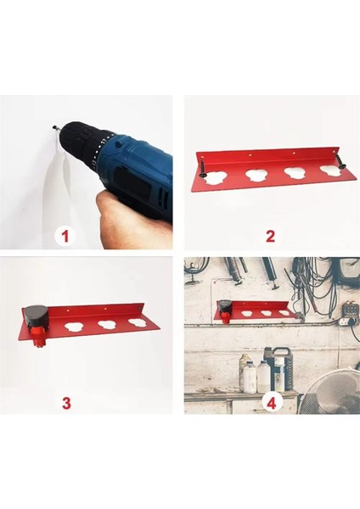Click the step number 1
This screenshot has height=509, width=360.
coord(65,236)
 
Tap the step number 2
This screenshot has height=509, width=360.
coord(270,236)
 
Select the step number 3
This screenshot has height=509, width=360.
coord(66,403)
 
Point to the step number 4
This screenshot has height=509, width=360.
coord(272,403)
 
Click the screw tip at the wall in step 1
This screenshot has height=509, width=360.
coord(55,128)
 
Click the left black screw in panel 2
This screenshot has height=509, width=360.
coord(203,169)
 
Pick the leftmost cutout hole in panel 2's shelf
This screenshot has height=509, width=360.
coord(214,177)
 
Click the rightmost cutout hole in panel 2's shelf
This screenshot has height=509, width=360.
coord(330,171)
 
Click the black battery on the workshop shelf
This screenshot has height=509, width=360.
coord(225,305)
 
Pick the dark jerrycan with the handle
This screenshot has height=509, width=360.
coord(281,368)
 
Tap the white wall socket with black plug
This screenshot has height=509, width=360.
coord(346,322)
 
